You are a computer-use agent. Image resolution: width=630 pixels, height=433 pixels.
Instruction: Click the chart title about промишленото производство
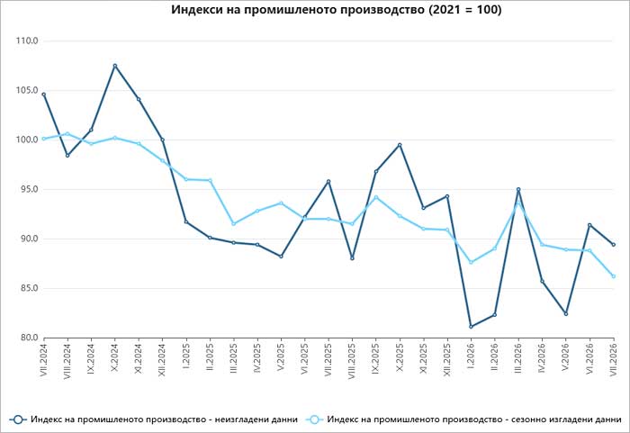tap(337, 9)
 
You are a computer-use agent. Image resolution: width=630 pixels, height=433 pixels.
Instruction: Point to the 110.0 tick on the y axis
tap(27, 41)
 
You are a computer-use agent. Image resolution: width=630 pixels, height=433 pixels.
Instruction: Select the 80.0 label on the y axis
tap(28, 338)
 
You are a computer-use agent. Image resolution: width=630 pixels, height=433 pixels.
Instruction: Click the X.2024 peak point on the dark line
tap(115, 66)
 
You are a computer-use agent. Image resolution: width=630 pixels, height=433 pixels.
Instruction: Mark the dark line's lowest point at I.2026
tap(471, 327)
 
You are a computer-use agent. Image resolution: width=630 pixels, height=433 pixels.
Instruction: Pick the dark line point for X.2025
tap(400, 145)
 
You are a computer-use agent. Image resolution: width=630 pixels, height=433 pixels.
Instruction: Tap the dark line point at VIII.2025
tap(353, 258)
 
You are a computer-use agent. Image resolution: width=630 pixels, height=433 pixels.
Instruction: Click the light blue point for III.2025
tap(233, 223)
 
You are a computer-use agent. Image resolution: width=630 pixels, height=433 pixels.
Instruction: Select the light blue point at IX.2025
tap(376, 197)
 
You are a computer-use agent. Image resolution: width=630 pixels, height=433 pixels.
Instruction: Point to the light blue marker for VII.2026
tap(614, 276)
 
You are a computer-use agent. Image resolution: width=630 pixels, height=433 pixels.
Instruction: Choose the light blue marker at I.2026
tap(471, 262)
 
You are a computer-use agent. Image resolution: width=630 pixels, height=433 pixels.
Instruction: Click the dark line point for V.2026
tap(566, 313)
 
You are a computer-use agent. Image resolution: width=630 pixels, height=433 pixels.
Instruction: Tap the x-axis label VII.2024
tap(43, 358)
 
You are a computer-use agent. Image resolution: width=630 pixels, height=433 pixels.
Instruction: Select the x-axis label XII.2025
tap(446, 358)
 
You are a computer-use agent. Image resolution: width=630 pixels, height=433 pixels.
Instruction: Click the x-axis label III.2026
tap(518, 357)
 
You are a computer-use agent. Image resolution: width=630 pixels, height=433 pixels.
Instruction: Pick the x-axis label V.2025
tap(281, 356)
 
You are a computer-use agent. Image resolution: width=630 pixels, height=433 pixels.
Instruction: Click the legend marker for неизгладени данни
tap(18, 419)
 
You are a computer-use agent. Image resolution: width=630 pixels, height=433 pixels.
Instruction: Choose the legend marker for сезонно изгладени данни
tap(314, 419)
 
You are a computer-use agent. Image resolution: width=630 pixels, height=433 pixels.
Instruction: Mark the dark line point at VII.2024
tap(43, 95)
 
